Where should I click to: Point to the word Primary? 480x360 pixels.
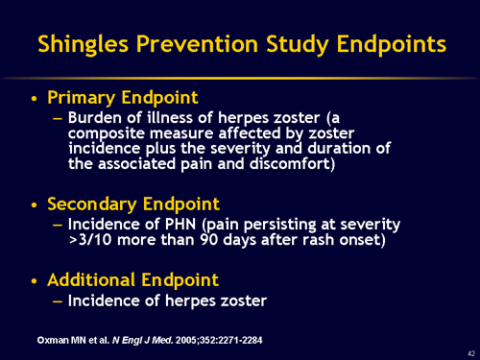[83, 98]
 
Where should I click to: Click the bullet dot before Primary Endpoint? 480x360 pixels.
[36, 99]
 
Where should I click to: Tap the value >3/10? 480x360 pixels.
[92, 240]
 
